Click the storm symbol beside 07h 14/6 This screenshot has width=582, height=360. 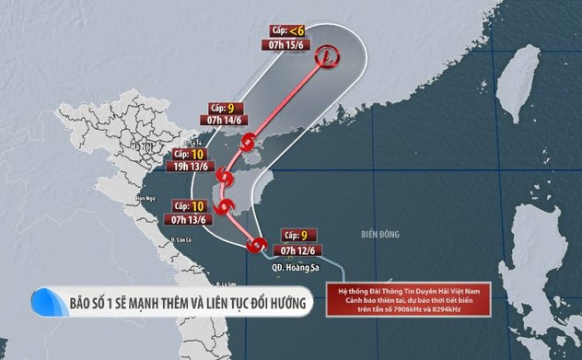tap(248, 143)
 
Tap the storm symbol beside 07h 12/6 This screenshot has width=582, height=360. tap(258, 245)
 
